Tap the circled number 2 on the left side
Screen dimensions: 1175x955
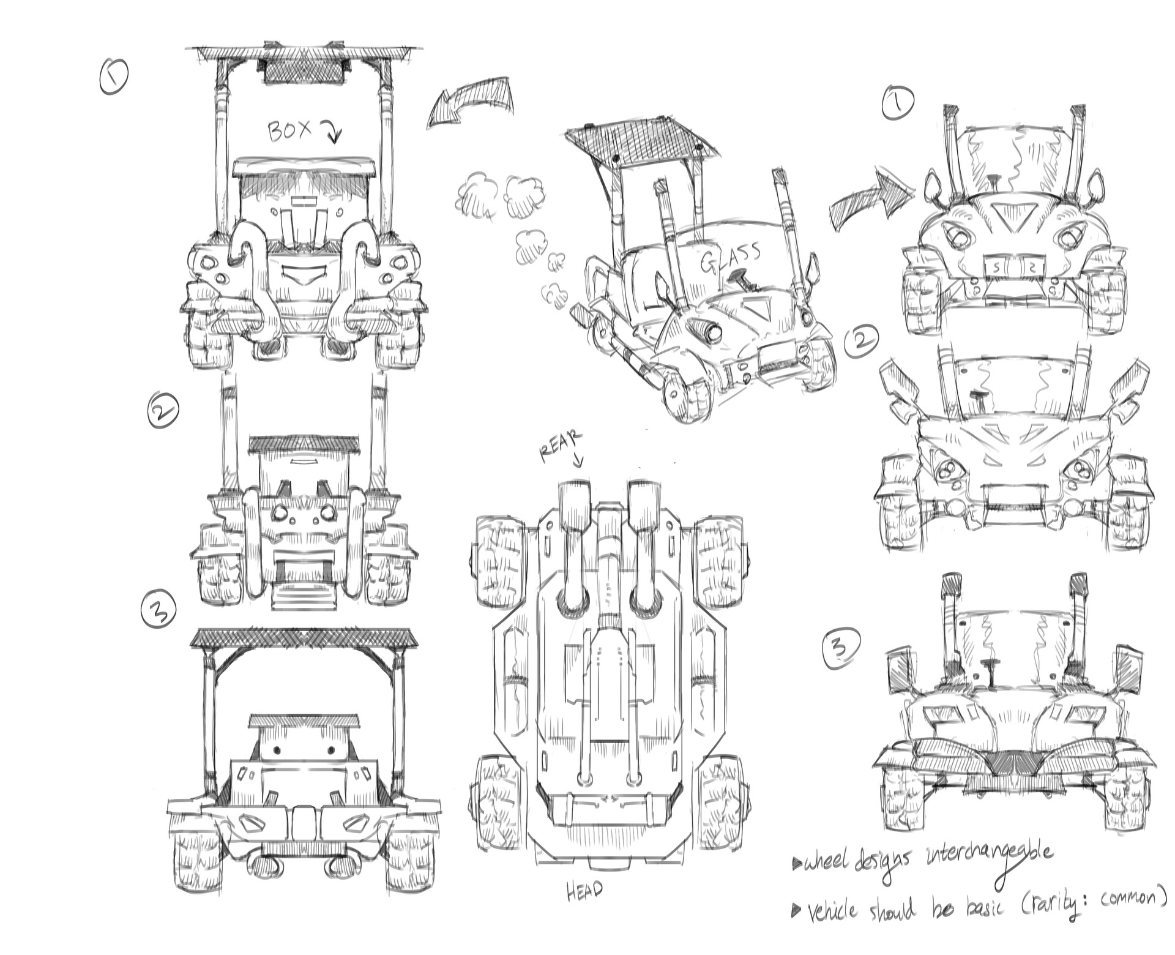[162, 410]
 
